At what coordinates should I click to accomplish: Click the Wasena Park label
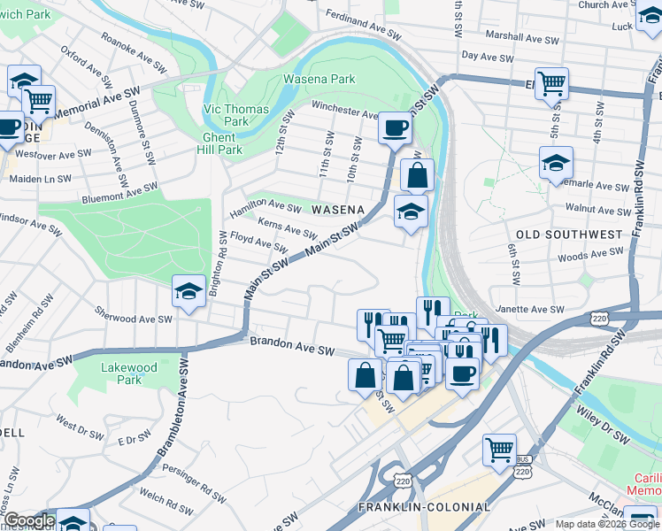(x=319, y=79)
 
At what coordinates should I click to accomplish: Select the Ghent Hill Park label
(x=218, y=143)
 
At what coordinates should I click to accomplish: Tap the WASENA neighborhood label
(x=338, y=209)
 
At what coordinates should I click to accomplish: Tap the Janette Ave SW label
(x=530, y=309)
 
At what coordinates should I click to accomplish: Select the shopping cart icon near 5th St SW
(x=551, y=84)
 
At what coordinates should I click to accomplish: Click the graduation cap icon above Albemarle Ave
(x=556, y=163)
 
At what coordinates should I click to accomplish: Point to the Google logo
(x=28, y=521)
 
